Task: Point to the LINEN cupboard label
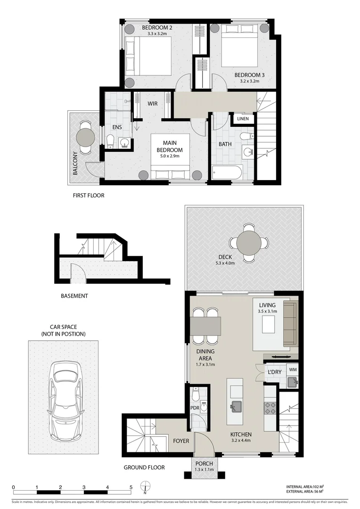(x=243, y=119)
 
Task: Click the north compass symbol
(x=146, y=487)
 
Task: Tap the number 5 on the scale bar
(x=131, y=487)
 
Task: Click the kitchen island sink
(x=236, y=405)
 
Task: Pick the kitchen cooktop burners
(x=270, y=408)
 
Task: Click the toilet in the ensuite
(x=110, y=141)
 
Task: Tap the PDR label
(x=194, y=408)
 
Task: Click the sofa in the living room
(x=290, y=324)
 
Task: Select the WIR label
(x=152, y=103)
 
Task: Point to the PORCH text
(x=204, y=464)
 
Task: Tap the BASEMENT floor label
(x=74, y=296)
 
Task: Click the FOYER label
(x=181, y=441)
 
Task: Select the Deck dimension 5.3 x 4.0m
(x=224, y=263)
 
